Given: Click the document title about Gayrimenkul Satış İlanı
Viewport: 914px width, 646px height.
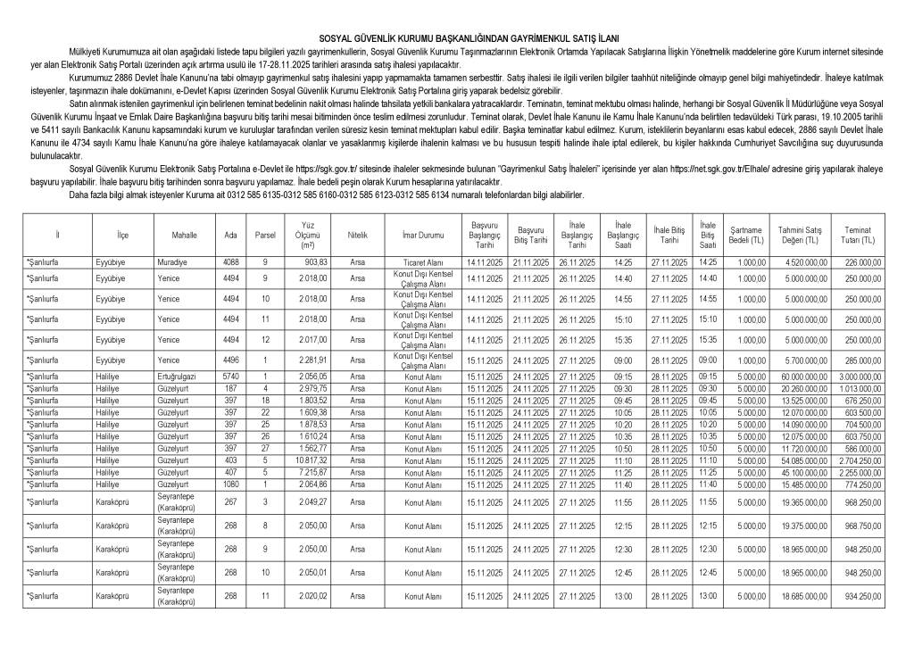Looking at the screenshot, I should coord(457,39).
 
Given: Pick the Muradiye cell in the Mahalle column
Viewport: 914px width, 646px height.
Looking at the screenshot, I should coord(170,262).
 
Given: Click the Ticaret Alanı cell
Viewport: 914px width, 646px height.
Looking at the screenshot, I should coord(422,262).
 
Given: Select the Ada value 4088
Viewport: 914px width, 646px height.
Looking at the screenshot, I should coord(231,262).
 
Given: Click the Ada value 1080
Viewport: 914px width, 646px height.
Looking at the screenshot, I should coord(231,484).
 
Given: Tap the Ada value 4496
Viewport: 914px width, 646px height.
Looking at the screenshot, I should coord(231,360).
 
